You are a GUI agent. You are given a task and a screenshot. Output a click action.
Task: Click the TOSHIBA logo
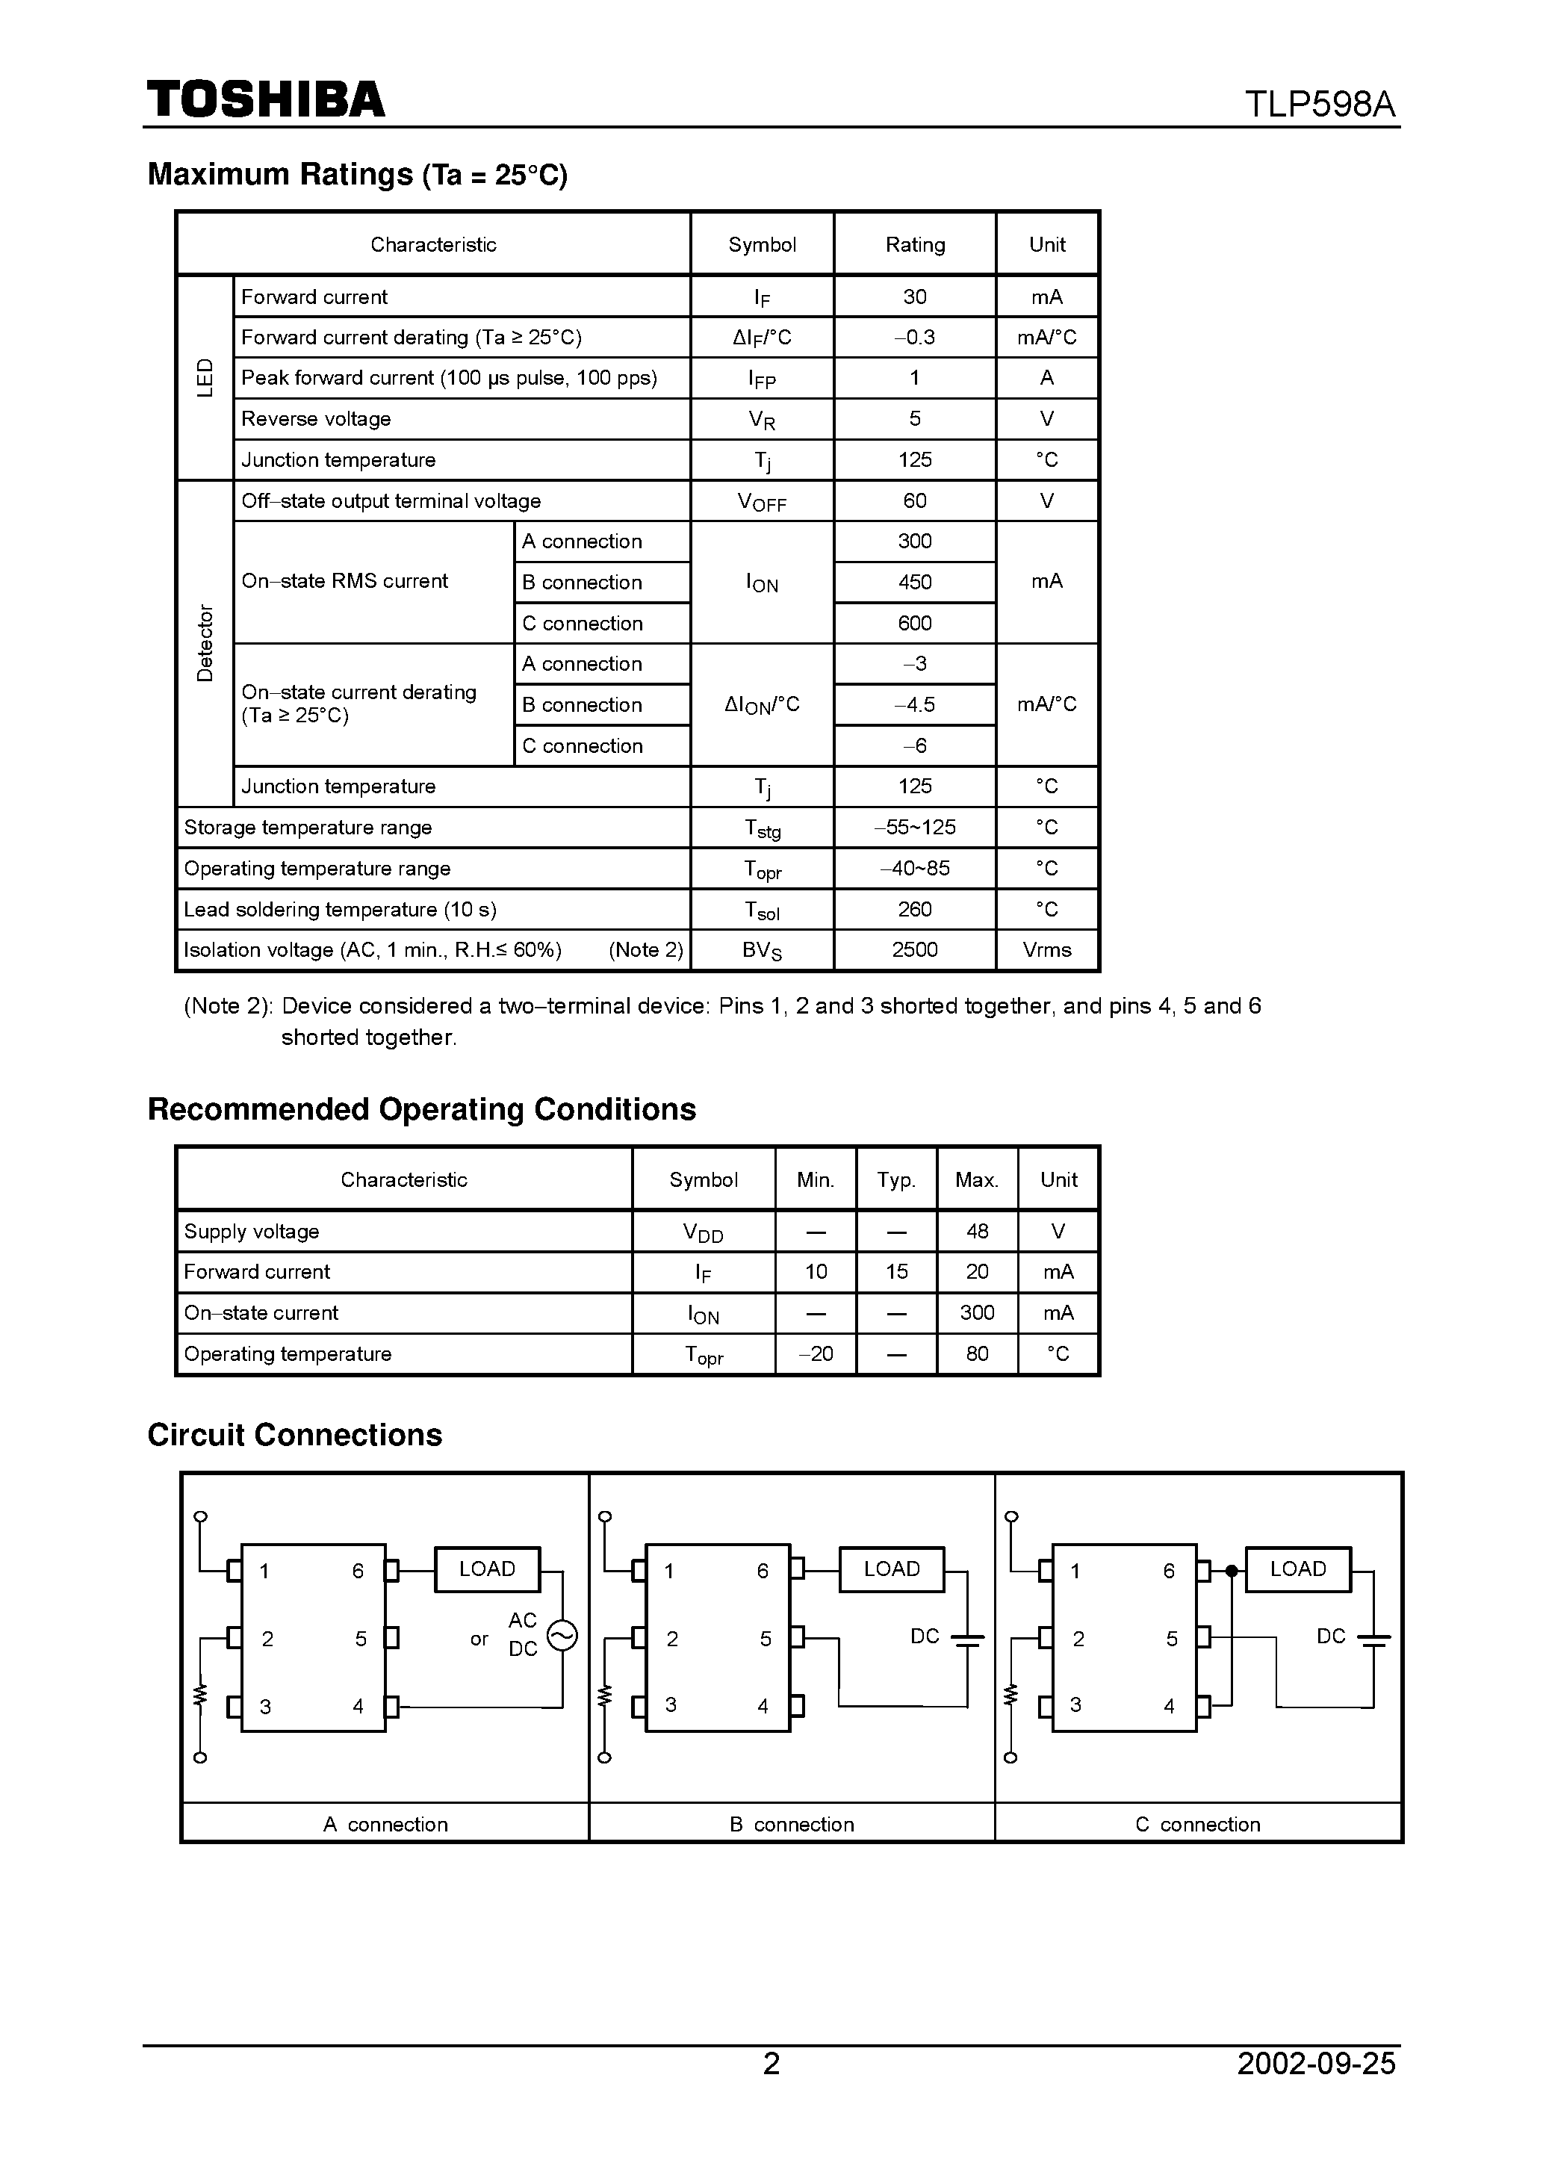click(x=265, y=99)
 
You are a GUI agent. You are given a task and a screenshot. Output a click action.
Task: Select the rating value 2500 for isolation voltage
click(x=914, y=950)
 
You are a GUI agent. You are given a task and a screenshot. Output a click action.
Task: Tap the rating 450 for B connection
click(x=914, y=582)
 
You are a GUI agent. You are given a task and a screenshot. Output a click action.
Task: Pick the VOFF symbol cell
click(x=762, y=501)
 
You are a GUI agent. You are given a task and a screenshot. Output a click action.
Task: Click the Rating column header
click(x=914, y=244)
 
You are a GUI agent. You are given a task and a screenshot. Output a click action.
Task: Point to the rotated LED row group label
click(x=205, y=378)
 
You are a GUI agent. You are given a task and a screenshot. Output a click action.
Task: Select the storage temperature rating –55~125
click(x=914, y=828)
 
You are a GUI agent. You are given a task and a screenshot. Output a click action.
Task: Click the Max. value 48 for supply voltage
click(x=977, y=1231)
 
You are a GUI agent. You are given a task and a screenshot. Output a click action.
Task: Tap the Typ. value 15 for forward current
click(x=896, y=1272)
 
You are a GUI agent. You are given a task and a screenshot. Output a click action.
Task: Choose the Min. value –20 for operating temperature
click(x=816, y=1353)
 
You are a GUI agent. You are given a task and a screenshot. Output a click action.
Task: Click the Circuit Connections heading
click(x=295, y=1434)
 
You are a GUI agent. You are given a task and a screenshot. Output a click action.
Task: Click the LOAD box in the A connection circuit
click(x=487, y=1569)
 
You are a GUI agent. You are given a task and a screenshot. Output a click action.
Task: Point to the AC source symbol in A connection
click(x=562, y=1636)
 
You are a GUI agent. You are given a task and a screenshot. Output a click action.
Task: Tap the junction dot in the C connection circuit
click(x=1231, y=1571)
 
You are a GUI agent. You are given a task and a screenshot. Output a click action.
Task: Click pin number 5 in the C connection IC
click(x=1171, y=1639)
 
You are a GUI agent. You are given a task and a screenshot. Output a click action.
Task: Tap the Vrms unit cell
click(x=1046, y=950)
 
